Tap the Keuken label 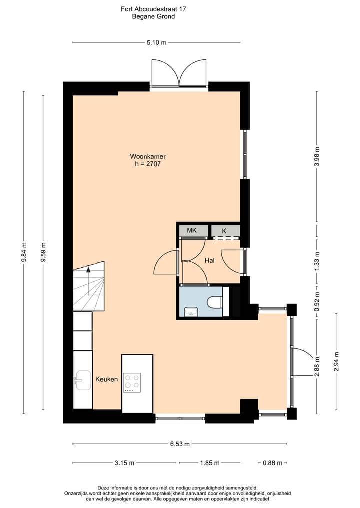click(106, 379)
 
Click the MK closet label click(192, 231)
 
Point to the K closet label click(224, 231)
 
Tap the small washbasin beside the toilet click(190, 312)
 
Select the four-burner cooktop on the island click(132, 383)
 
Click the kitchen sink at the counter click(82, 380)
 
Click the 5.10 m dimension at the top click(156, 43)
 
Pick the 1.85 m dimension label click(210, 463)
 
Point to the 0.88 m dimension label click(273, 463)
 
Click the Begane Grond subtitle click(153, 16)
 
